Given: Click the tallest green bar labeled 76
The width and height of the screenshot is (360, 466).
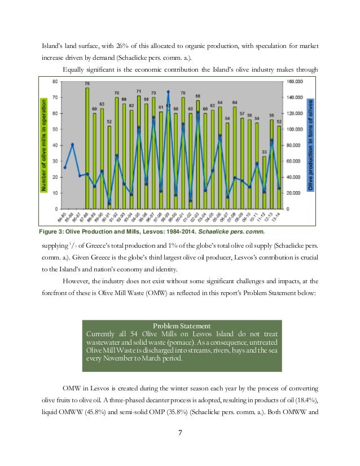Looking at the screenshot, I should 87,147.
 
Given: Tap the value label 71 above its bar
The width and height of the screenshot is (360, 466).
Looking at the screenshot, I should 139,91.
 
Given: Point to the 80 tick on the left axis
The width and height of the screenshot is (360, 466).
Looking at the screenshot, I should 54,81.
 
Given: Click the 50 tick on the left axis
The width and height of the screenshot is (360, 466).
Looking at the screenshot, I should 54,129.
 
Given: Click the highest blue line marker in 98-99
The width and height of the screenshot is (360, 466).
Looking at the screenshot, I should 169,91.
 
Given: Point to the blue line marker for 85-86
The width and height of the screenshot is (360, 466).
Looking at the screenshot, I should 72,145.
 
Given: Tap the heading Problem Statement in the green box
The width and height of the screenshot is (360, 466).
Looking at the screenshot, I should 182,326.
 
